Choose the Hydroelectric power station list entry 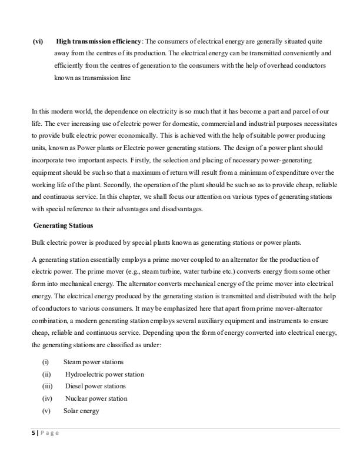104,374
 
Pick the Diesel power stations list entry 95,386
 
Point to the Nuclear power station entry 96,398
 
